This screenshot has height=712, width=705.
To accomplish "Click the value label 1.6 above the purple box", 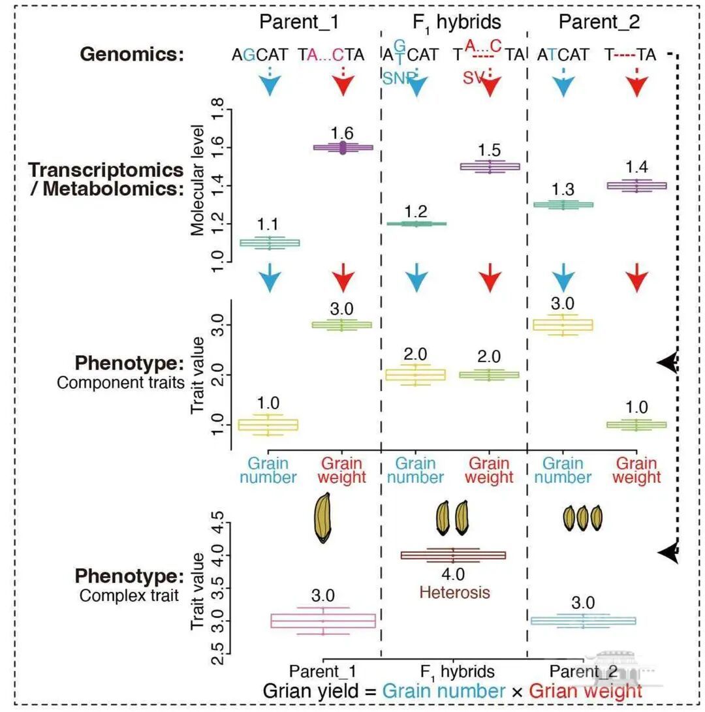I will click(342, 133).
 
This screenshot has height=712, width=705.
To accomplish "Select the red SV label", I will click(475, 78).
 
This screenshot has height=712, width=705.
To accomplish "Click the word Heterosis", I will click(454, 593).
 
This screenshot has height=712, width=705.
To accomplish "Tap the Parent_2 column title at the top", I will click(599, 22).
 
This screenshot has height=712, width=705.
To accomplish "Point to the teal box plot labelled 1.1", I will click(270, 243).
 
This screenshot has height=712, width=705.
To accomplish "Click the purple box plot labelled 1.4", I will click(637, 185).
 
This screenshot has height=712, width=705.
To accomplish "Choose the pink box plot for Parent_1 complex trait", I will click(323, 620).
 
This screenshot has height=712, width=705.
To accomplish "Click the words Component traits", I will click(121, 382).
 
